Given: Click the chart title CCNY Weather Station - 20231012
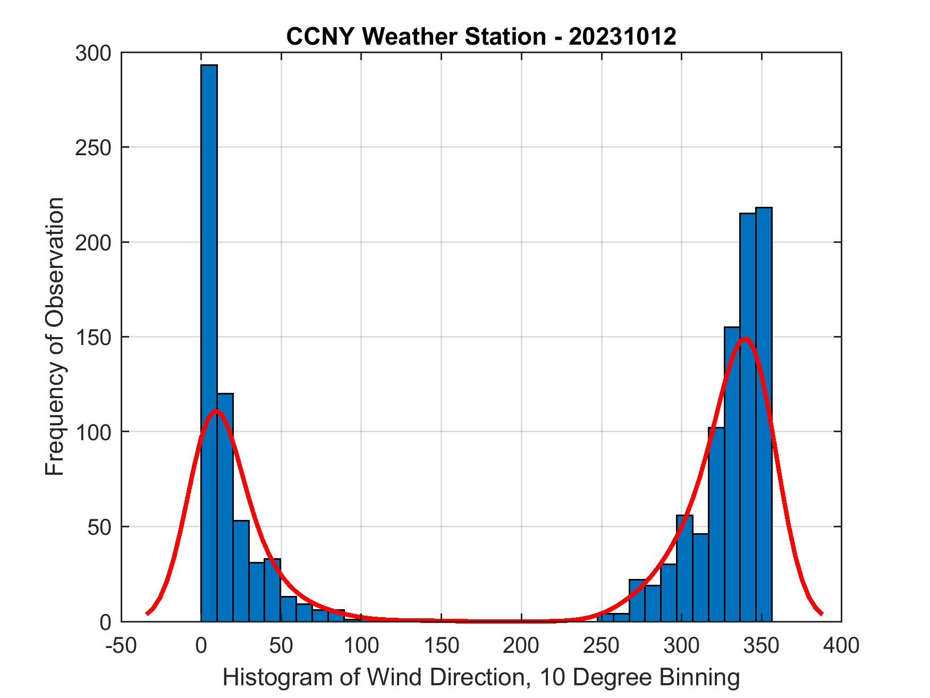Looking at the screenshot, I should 481,37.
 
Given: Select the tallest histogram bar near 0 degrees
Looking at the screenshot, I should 209,340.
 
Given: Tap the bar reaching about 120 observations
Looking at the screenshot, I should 225,505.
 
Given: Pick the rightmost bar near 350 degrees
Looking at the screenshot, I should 764,415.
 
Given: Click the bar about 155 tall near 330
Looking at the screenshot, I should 732,478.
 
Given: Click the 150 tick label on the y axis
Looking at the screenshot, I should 93,337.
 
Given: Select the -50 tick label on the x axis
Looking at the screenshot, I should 121,646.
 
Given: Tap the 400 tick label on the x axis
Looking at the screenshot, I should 841,646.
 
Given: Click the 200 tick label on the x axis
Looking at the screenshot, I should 521,646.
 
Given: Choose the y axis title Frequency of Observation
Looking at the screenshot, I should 55,337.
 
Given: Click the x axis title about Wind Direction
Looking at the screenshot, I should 481,677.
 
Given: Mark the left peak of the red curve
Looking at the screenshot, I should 215,410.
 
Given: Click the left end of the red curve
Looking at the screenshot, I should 147,613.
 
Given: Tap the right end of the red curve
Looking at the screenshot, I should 821,613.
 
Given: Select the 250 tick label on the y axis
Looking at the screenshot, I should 93,147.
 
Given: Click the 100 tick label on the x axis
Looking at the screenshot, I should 361,646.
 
